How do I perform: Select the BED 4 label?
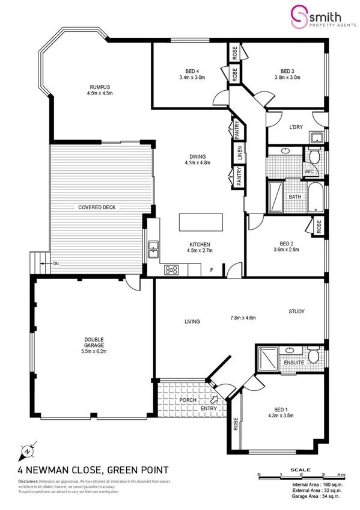click(x=192, y=70)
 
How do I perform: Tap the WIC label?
click(x=309, y=172)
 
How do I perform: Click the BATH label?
click(x=294, y=197)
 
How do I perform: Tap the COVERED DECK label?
click(x=96, y=207)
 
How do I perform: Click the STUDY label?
click(x=297, y=312)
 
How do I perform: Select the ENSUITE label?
click(x=294, y=363)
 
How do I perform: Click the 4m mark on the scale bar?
click(x=341, y=475)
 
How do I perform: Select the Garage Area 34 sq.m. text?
click(x=315, y=497)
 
